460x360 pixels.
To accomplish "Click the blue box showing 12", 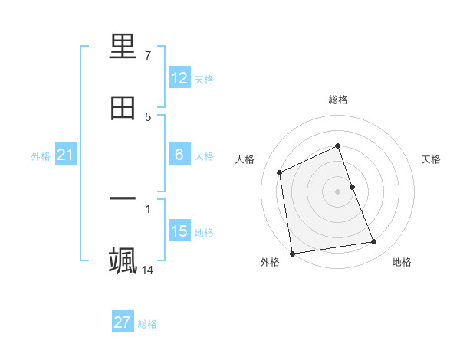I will coord(179,78).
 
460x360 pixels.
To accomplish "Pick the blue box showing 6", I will coord(179,155).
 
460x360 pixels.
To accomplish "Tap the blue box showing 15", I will coord(179,231).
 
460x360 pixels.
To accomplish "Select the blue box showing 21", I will coord(65,155).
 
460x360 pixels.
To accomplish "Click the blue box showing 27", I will coord(123,322).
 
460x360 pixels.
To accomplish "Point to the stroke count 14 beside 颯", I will coord(148,270).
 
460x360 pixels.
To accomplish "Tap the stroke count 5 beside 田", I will coord(148,116).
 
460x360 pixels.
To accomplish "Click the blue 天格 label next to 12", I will coord(204,79).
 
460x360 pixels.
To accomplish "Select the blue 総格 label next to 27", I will coord(147,323).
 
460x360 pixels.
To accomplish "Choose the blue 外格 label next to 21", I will coord(41,155).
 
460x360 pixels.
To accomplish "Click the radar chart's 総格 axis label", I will coord(338,100).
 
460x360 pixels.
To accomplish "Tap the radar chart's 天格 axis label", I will coord(431,159).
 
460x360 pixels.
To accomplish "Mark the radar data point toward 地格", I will coord(374,242).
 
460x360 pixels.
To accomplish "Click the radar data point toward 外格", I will coord(292,253).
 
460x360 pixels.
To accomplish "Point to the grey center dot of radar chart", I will coord(338,191).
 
